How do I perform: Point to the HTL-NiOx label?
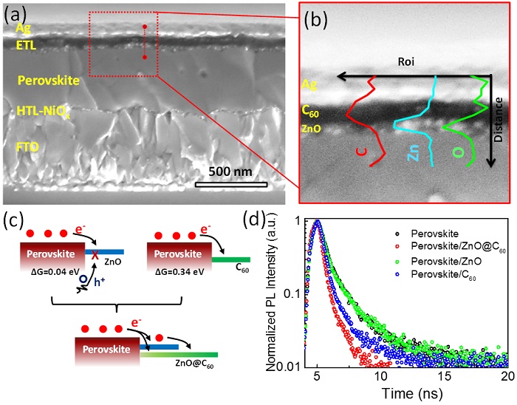coord(44,111)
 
